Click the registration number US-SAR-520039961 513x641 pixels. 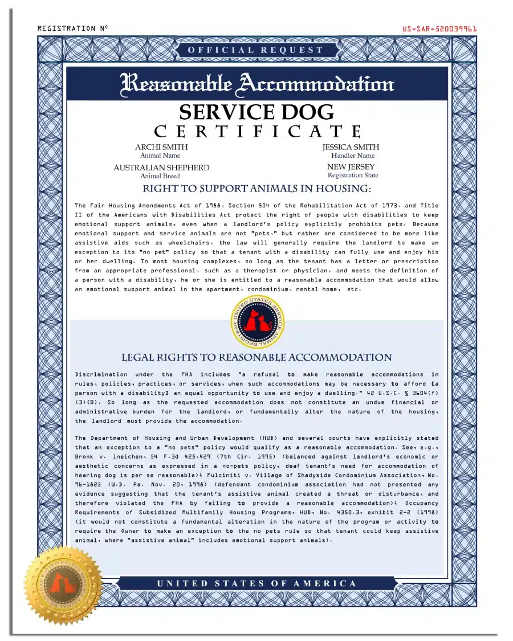439,28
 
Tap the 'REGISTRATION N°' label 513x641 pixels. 72,28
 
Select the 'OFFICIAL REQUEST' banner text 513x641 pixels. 256,50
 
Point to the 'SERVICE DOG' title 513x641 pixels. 256,112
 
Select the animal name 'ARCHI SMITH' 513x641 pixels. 161,147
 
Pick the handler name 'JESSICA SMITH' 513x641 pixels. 351,147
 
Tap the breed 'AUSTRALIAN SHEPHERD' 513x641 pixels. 161,168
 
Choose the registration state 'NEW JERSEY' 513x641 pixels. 351,167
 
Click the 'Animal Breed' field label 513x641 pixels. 160,176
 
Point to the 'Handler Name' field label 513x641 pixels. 353,156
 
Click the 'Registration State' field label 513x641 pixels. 353,175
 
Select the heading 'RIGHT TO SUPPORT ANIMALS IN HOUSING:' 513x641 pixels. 256,189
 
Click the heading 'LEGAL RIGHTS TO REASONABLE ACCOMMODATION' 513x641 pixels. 256,358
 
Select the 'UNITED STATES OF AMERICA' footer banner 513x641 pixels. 256,583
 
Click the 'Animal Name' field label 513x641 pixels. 160,156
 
